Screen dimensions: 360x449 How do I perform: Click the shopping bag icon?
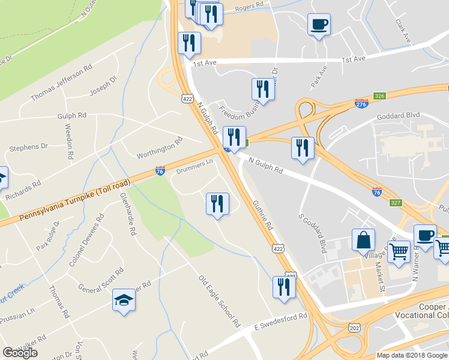pyautogui.click(x=364, y=241)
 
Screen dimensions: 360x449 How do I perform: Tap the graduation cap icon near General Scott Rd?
pyautogui.click(x=124, y=300)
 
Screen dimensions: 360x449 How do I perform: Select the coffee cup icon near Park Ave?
pyautogui.click(x=319, y=25)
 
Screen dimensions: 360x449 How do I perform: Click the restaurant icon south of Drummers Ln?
pyautogui.click(x=217, y=204)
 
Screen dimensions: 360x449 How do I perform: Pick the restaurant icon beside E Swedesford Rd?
pyautogui.click(x=283, y=287)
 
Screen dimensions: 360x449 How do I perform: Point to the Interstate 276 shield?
pyautogui.click(x=361, y=104)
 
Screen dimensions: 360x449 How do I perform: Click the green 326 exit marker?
pyautogui.click(x=379, y=96)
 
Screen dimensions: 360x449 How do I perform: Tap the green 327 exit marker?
pyautogui.click(x=394, y=203)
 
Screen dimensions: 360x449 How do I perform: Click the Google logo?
pyautogui.click(x=20, y=353)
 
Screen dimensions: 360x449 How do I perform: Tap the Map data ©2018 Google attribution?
pyautogui.click(x=411, y=355)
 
